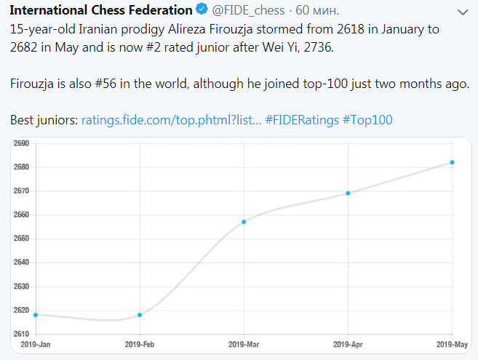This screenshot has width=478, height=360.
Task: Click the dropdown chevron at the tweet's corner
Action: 463,12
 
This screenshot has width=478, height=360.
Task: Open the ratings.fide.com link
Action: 171,119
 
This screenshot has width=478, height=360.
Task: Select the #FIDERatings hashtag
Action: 301,119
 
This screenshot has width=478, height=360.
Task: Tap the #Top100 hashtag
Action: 367,119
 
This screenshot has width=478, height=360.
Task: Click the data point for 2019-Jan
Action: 36,315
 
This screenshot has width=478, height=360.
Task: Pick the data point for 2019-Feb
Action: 140,315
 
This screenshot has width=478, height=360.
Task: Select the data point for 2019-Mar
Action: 244,222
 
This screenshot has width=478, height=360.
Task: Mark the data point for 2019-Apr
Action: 348,193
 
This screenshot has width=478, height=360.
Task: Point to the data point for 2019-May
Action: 453,162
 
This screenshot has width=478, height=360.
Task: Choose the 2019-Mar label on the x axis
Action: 244,343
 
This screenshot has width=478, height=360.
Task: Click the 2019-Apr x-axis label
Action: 348,343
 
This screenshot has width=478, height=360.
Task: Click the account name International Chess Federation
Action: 100,12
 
